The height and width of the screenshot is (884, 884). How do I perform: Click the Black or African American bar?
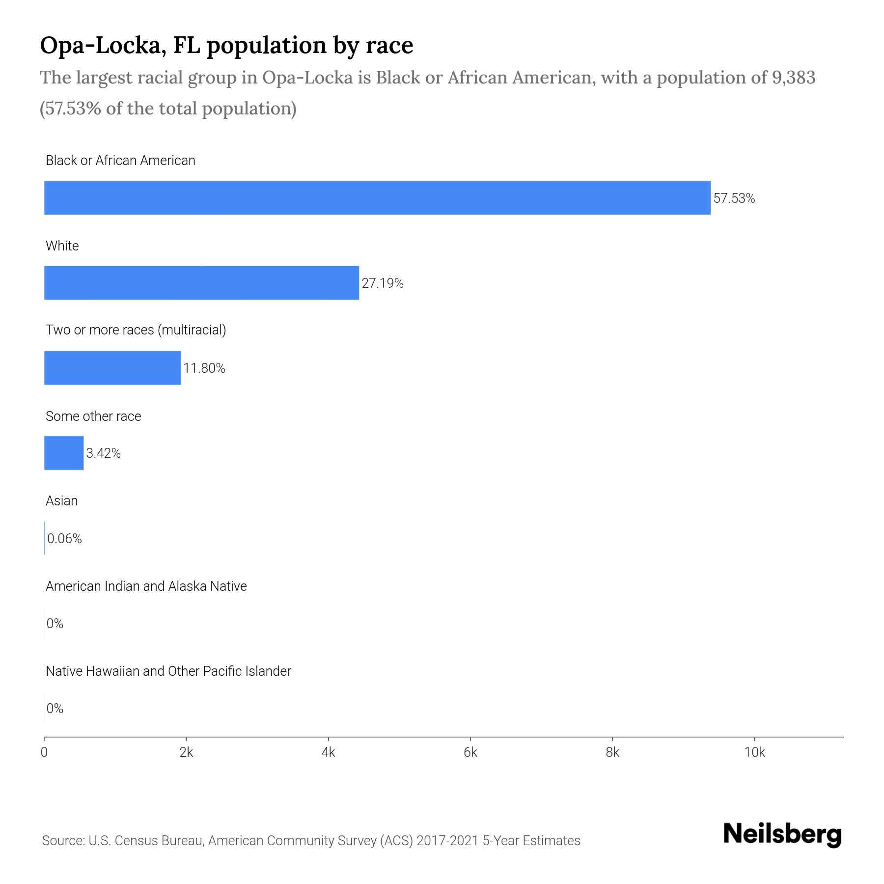tap(377, 197)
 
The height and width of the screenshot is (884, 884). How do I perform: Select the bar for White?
tap(201, 283)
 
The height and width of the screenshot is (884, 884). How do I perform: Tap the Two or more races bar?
tap(112, 368)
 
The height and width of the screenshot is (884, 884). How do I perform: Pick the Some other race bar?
tap(64, 453)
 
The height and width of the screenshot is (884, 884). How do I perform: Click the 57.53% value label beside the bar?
tap(734, 198)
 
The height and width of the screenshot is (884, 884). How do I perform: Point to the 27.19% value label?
tap(382, 283)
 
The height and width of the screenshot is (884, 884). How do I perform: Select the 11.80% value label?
tap(204, 368)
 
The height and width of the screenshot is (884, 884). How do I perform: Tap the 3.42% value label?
tap(103, 453)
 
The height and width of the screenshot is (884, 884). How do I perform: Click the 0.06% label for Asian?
tap(64, 539)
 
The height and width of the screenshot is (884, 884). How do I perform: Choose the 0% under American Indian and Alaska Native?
tap(55, 624)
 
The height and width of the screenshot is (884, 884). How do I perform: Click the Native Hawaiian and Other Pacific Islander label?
tap(168, 671)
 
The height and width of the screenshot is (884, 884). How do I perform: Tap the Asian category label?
tap(61, 501)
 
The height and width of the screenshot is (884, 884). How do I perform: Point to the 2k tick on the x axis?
tap(186, 752)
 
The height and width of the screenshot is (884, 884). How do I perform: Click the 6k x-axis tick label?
tap(470, 752)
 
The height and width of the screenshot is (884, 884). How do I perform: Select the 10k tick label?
tap(754, 752)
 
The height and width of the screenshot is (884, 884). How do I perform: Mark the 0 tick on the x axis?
tap(44, 752)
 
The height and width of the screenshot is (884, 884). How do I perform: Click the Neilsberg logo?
tap(782, 834)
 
